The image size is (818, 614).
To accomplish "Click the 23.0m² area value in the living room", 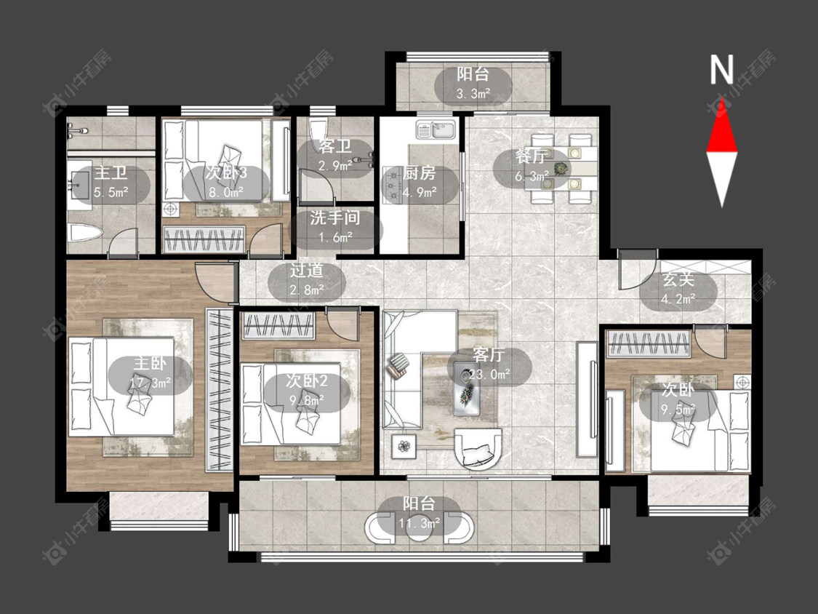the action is coord(489,375).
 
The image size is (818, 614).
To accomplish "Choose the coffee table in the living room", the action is coord(468,388).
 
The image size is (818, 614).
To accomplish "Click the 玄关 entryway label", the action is coord(678,279).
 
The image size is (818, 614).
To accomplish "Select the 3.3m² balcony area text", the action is coord(473,94).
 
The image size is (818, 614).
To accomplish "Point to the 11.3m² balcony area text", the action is coord(420,522).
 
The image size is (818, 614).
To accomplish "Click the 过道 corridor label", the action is coord(307,270).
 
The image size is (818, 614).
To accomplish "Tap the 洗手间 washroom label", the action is coord(335,218).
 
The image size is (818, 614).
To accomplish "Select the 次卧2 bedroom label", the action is coord(307,380).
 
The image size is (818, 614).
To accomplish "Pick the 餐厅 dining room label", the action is coord(531,156).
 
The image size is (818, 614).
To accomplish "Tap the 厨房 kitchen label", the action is coord(420,173).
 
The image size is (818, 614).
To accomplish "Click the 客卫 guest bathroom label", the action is coord(335,147).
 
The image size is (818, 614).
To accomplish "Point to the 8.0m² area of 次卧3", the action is coord(226,191).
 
